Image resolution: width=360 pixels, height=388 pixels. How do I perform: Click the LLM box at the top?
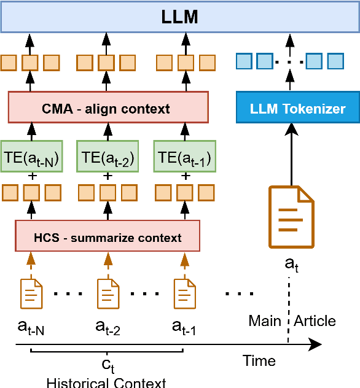tap(180, 17)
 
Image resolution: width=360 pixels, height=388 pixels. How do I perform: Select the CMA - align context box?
tap(108, 109)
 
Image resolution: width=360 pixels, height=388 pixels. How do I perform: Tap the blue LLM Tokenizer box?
tap(297, 109)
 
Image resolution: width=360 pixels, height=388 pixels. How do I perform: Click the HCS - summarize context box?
tap(108, 237)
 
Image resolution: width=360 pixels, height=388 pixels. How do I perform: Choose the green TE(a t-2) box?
tap(108, 158)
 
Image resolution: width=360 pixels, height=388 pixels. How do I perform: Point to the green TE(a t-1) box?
tap(184, 158)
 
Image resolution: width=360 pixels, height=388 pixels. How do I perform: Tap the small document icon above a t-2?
tap(108, 293)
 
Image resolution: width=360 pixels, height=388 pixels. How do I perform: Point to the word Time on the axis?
tap(259, 361)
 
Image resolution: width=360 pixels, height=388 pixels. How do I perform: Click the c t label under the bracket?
tap(108, 365)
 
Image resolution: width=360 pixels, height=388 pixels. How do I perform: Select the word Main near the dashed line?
tap(265, 321)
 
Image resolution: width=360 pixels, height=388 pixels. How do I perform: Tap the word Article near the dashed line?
tap(315, 321)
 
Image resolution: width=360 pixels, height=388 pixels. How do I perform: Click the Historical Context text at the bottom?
tap(106, 382)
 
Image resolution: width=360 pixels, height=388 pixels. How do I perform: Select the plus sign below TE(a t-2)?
tap(108, 177)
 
